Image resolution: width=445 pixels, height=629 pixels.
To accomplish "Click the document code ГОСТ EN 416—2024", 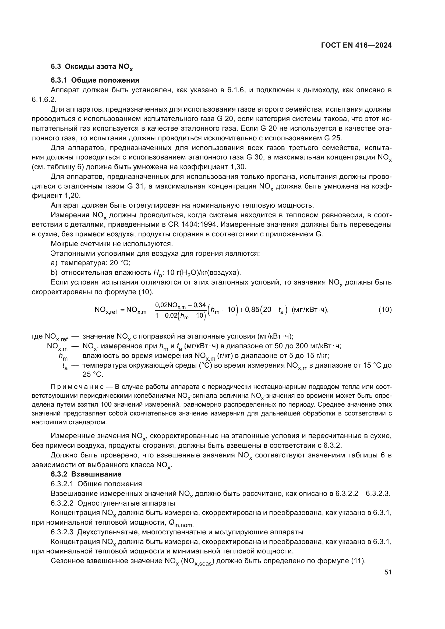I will [x=356, y=45].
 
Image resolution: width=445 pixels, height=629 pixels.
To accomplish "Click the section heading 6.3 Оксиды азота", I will [x=92, y=67].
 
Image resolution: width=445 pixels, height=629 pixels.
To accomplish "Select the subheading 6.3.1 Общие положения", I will [x=95, y=80].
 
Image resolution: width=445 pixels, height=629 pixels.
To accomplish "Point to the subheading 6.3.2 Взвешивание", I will [x=86, y=474].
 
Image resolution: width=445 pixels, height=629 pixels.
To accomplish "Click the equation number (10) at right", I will [x=385, y=310].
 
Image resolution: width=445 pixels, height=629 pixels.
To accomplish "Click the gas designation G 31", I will [x=138, y=186].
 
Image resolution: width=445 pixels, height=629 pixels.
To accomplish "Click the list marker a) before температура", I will [x=54, y=263].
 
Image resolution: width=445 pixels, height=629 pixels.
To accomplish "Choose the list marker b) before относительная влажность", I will [x=54, y=272].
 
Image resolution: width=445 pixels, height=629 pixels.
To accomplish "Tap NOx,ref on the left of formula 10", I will [x=105, y=310].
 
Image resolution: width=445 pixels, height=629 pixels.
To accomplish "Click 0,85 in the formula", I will [x=252, y=310].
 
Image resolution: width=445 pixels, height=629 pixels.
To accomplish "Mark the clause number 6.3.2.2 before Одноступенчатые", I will [x=62, y=503].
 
